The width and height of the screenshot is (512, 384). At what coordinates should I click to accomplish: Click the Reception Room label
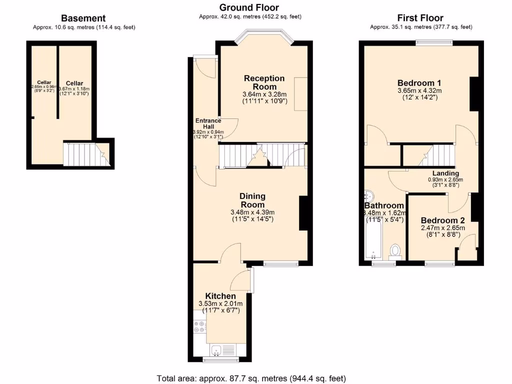point(264,82)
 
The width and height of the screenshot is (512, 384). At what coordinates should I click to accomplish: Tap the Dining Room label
point(252,200)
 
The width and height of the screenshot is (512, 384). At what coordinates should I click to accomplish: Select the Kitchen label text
point(220,296)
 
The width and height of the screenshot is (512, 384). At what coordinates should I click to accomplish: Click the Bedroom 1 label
point(419,83)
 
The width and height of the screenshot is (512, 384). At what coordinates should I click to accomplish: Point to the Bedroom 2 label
point(442,220)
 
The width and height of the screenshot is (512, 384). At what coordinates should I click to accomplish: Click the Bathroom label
point(384,205)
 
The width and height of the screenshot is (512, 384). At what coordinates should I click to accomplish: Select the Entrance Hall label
point(208,123)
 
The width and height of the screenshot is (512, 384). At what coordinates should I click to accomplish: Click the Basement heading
point(83,18)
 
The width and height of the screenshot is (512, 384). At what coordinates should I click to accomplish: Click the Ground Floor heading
point(249,7)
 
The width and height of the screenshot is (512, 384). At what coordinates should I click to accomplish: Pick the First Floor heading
point(420,18)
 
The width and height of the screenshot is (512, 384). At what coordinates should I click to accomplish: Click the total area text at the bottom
point(251,378)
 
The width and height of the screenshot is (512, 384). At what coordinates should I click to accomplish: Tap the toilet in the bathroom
point(396,250)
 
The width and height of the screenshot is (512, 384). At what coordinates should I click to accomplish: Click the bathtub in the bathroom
point(373,240)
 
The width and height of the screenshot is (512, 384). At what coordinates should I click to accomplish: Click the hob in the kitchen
point(199,326)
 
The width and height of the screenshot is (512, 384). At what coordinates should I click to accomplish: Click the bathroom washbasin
point(369,195)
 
